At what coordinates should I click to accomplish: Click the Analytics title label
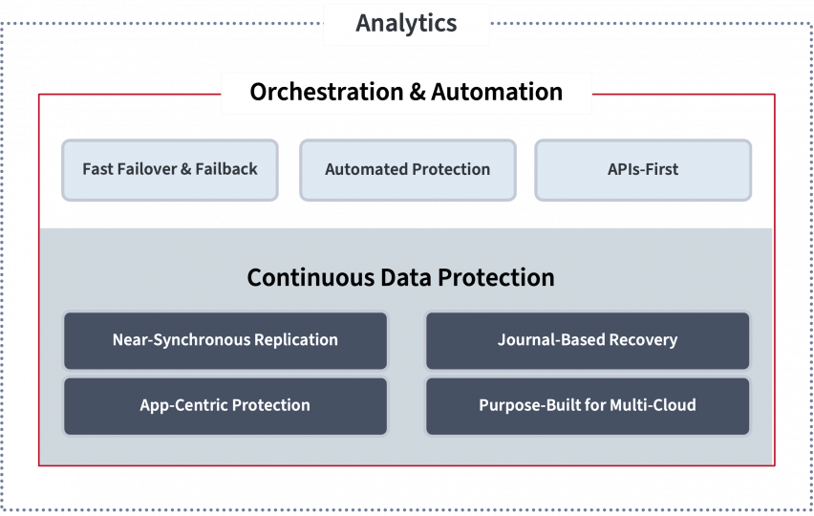[x=406, y=24]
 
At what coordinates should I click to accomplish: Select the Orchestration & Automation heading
[x=406, y=93]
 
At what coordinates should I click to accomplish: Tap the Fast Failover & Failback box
[x=170, y=170]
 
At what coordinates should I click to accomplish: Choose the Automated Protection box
[x=408, y=170]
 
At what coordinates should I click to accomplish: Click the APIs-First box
[x=643, y=170]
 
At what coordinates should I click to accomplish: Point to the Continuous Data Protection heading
[x=400, y=278]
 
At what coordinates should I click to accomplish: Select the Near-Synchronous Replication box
[x=225, y=340]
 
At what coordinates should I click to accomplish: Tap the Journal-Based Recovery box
[x=588, y=340]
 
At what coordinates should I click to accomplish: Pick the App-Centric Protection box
[x=225, y=405]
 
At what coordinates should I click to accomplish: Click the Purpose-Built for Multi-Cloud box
[x=588, y=405]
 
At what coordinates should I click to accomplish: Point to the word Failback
[x=226, y=169]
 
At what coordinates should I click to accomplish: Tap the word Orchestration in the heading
[x=327, y=93]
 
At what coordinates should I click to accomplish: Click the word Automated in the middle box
[x=361, y=170]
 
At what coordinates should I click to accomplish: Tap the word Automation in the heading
[x=497, y=93]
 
